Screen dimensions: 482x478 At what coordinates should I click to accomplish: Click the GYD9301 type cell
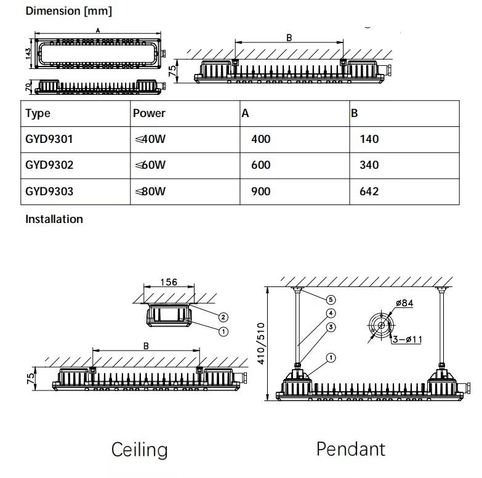tap(49, 139)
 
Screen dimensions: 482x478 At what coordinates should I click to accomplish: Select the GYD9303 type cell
tap(49, 192)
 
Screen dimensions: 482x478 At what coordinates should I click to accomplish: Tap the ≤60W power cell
tap(150, 165)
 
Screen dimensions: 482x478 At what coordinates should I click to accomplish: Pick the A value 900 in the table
tap(260, 192)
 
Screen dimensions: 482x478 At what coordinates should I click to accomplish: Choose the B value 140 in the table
tap(369, 139)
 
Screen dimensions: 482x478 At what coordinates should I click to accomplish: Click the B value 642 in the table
tap(369, 192)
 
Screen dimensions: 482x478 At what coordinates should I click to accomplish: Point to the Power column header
tap(149, 113)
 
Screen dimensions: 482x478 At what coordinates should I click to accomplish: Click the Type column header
tap(38, 114)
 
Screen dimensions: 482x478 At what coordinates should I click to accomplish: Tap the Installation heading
tap(54, 219)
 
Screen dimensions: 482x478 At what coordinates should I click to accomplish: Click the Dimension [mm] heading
tap(69, 11)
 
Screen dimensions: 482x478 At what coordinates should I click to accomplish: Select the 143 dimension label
tap(28, 54)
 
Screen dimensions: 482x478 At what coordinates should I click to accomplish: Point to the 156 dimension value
tap(169, 282)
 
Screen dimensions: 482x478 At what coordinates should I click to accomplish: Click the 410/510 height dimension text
tap(261, 344)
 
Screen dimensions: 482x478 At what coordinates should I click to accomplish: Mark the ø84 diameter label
tap(404, 303)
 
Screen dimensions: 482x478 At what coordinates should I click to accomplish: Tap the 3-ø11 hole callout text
tap(408, 339)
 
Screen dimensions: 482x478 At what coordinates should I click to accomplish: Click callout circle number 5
tap(331, 299)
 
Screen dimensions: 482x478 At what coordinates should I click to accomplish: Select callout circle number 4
tap(331, 313)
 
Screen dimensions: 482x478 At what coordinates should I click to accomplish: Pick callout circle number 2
tap(223, 317)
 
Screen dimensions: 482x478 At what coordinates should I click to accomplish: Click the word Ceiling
tap(140, 450)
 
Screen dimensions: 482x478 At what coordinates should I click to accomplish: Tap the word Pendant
tap(351, 449)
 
